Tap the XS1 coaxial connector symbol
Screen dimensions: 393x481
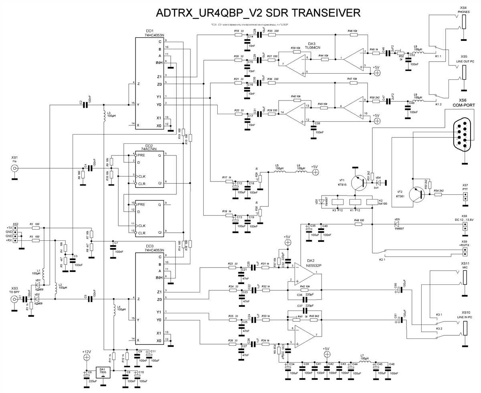point(15,169)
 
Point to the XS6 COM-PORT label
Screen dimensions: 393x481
point(463,102)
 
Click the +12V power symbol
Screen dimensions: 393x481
point(87,353)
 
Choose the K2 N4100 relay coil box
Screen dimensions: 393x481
point(372,202)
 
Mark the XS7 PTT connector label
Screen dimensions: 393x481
point(465,187)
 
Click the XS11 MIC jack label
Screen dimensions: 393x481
point(465,265)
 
